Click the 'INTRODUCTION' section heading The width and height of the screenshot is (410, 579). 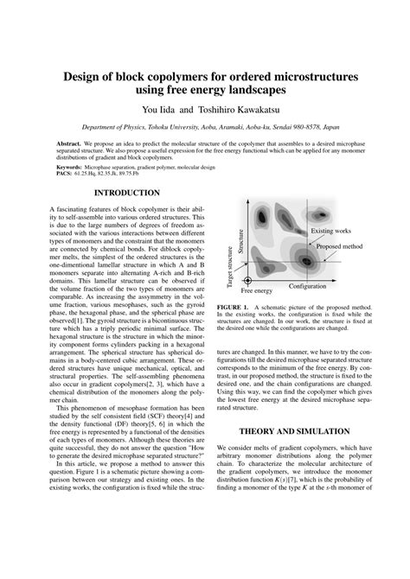[x=126, y=193]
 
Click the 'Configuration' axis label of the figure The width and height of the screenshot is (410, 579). [x=307, y=285]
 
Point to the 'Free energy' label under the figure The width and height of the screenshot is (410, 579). [x=255, y=292]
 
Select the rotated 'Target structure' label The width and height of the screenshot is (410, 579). [x=229, y=265]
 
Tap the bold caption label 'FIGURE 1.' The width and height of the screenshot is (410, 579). [x=233, y=307]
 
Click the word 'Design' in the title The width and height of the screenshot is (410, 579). [x=85, y=76]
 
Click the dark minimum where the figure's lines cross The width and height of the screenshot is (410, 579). [x=303, y=257]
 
